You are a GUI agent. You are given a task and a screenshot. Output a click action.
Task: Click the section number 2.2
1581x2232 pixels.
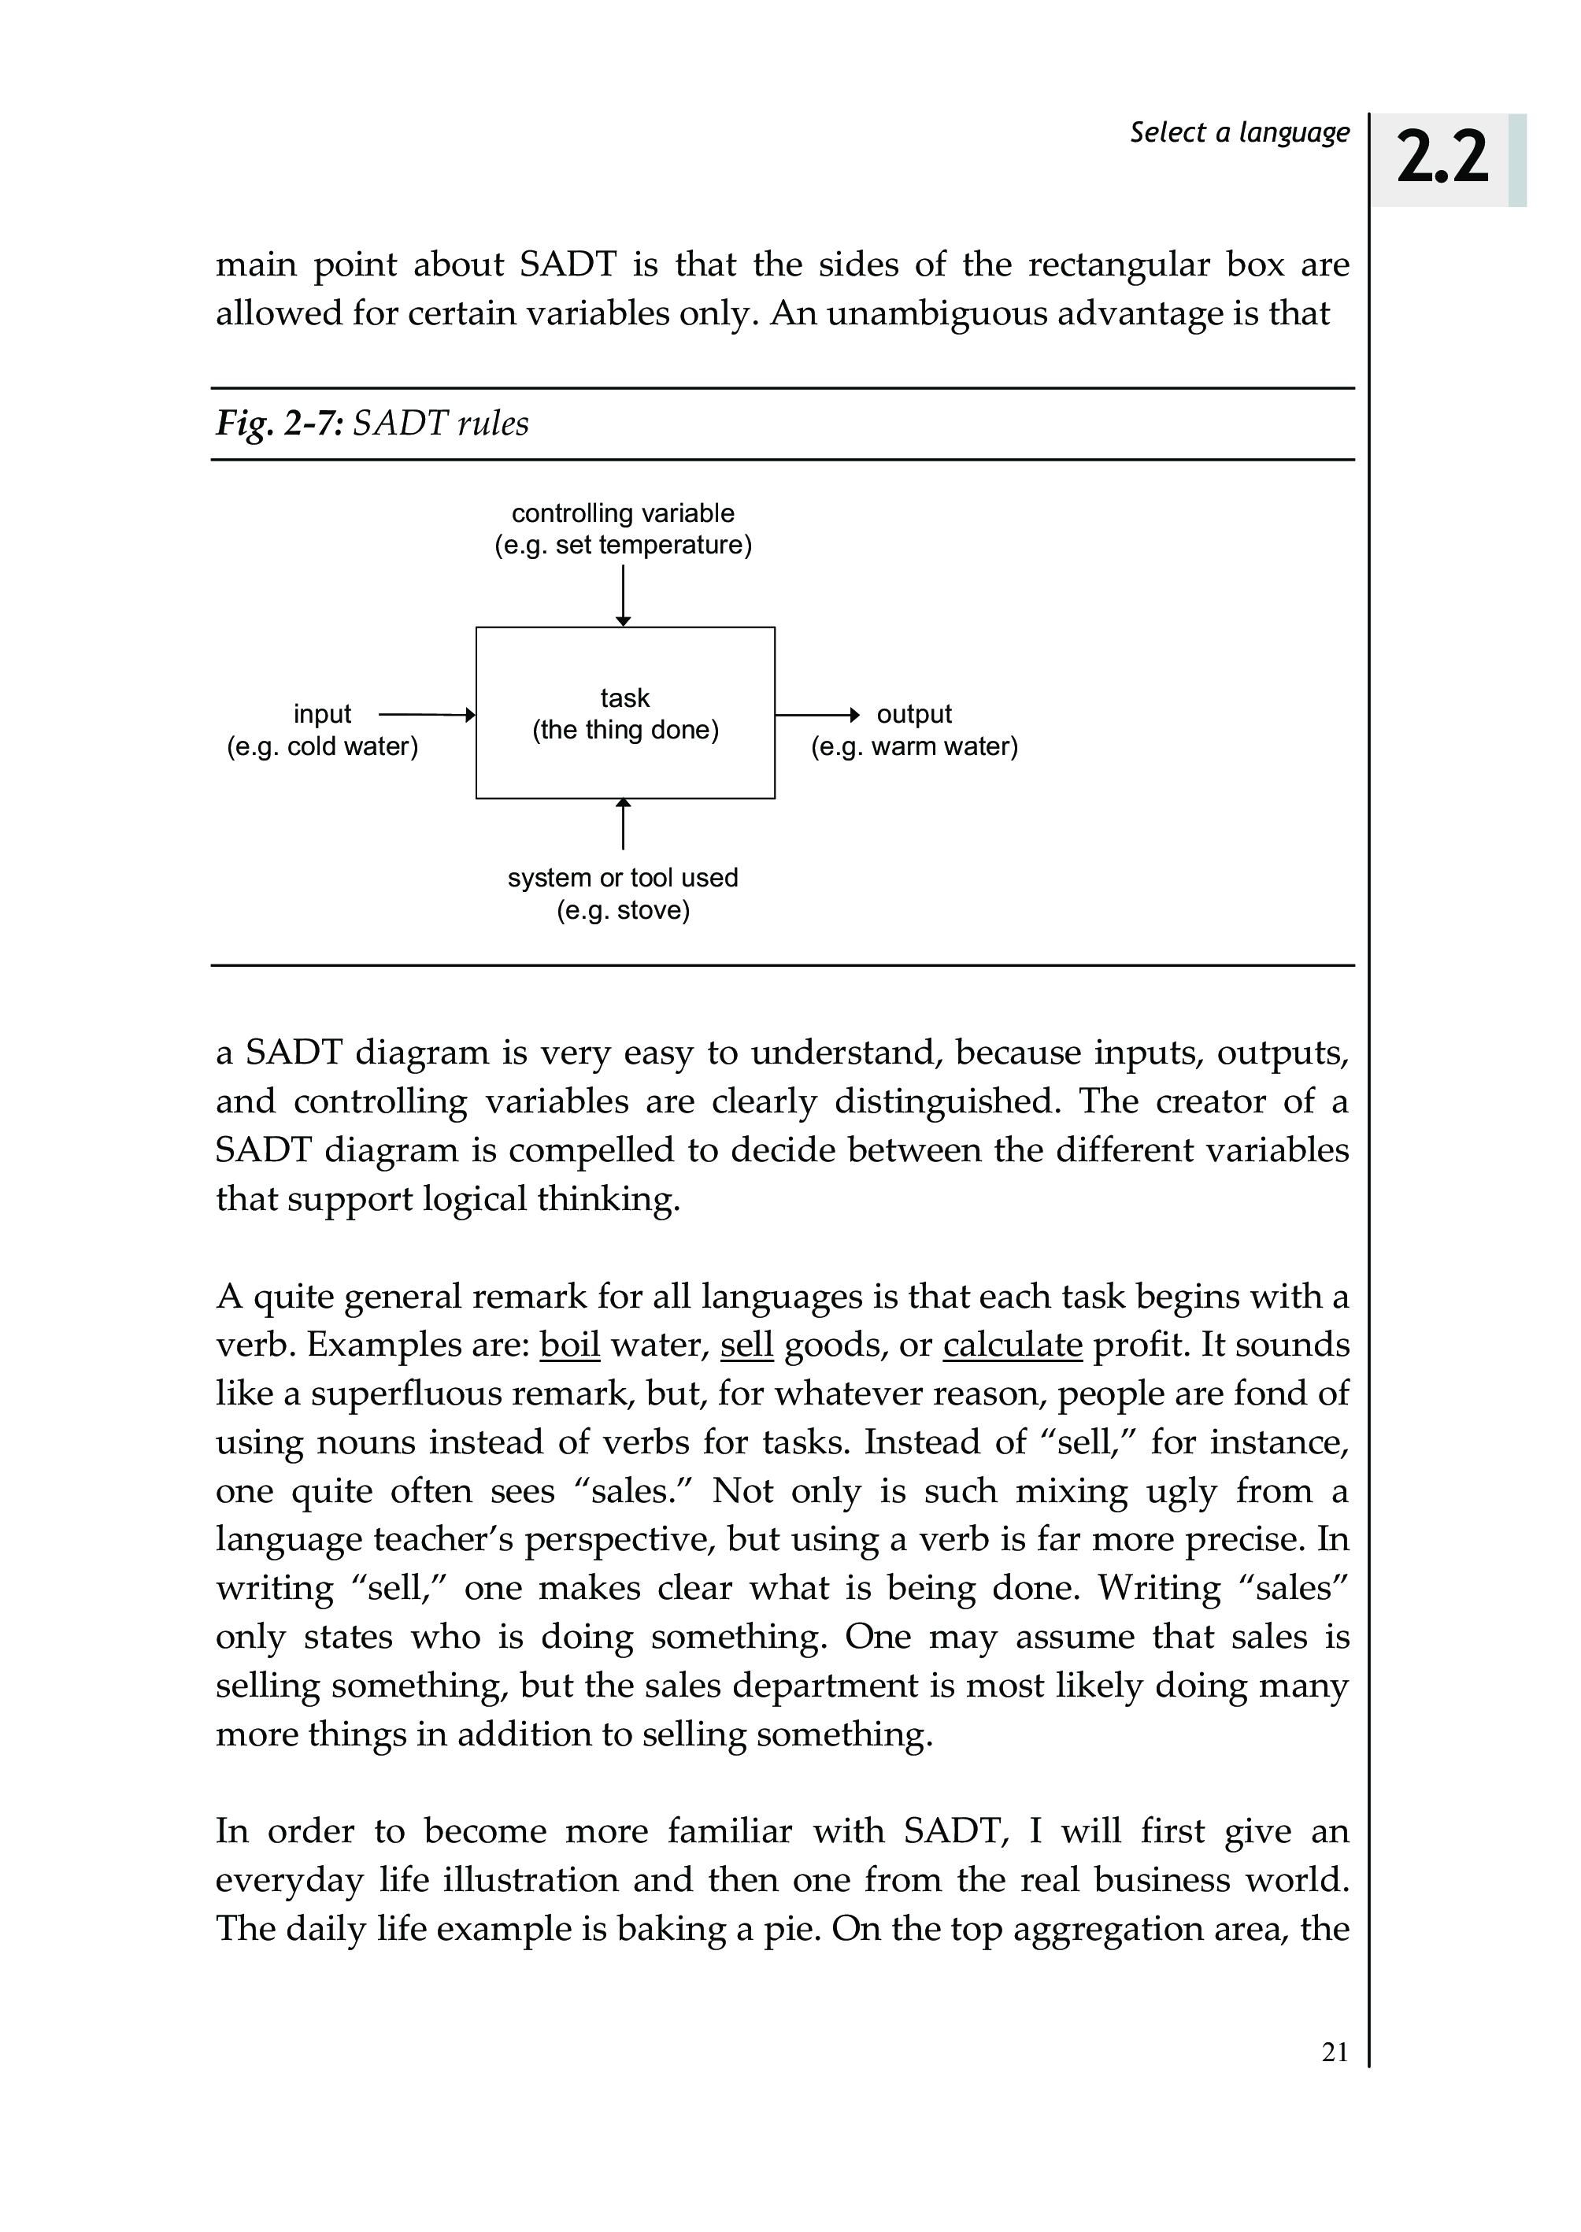pos(1442,159)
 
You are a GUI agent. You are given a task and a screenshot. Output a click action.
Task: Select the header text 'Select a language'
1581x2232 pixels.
pos(1239,132)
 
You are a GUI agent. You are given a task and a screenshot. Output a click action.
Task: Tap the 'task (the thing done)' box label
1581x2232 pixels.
pos(625,713)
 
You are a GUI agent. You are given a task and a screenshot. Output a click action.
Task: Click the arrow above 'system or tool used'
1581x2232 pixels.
pos(623,824)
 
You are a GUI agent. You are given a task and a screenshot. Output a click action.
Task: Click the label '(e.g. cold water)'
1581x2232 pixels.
pos(322,746)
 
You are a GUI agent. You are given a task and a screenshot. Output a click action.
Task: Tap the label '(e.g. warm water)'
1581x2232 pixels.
pos(914,746)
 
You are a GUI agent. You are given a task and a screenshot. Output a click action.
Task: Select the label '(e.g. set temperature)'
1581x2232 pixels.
pos(623,545)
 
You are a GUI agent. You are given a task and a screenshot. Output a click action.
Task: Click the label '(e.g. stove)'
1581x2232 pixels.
pos(623,911)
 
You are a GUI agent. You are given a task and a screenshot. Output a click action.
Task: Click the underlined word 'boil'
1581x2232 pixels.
pos(569,1345)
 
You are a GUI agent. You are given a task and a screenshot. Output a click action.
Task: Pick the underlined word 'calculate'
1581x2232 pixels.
pos(1013,1345)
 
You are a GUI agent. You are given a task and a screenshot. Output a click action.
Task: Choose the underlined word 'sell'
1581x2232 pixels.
pos(746,1345)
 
